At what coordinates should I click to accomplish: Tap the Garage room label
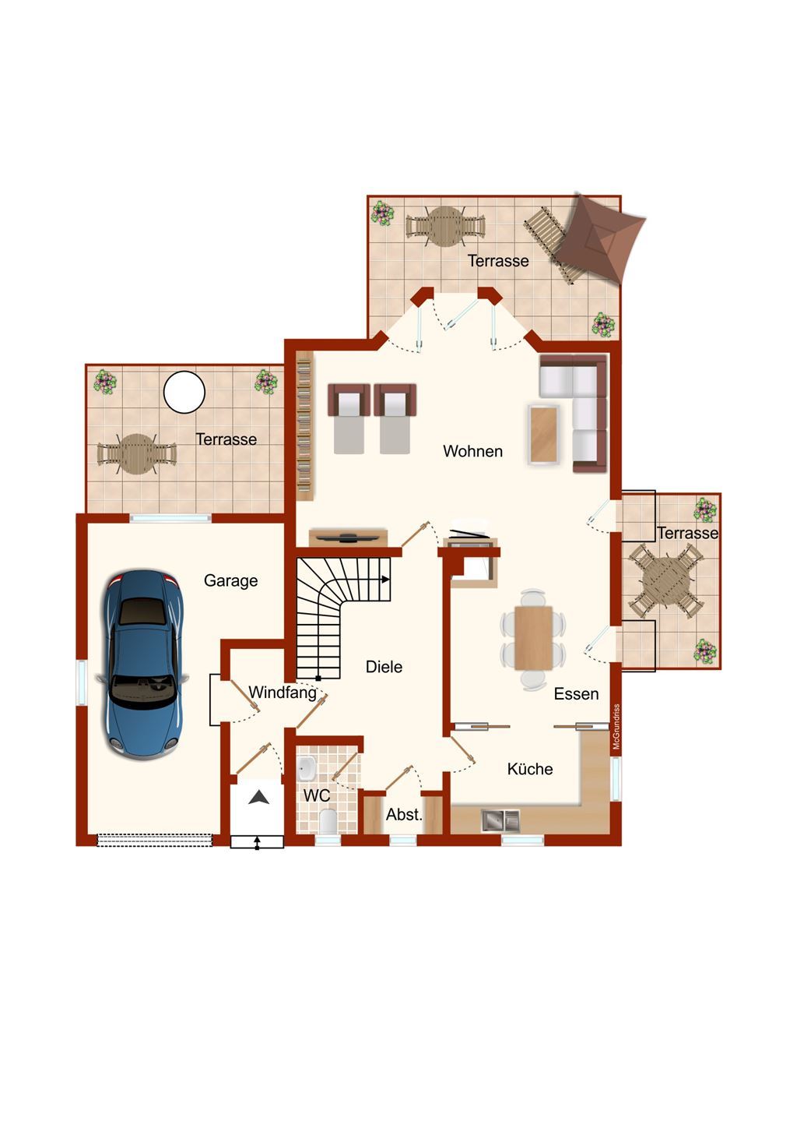(230, 581)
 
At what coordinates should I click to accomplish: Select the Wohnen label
(472, 451)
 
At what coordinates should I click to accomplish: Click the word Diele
(384, 667)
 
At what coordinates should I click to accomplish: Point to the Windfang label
(283, 693)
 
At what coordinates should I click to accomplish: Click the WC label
(317, 795)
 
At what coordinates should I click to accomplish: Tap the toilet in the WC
(328, 821)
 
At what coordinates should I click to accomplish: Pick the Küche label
(530, 768)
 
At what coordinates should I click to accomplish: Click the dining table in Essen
(533, 637)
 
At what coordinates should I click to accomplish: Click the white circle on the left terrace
(184, 392)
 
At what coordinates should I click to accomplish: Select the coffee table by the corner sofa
(543, 435)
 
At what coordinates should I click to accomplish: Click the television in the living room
(349, 537)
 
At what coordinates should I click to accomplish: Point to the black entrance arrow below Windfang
(259, 797)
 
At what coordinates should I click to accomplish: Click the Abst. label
(404, 814)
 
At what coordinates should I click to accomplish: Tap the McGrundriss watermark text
(617, 727)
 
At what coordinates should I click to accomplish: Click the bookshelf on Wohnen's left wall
(304, 426)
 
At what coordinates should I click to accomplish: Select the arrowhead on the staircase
(385, 579)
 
